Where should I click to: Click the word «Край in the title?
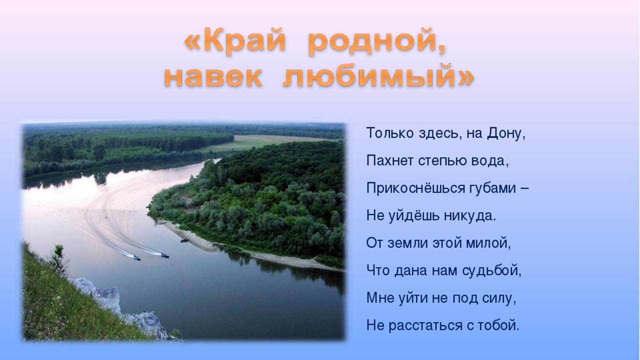coord(235,41)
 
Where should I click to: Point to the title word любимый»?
coord(379,75)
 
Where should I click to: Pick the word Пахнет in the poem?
coord(389,160)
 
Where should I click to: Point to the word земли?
coord(407,243)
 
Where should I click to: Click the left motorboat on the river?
coord(137,257)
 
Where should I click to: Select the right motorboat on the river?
coord(164,255)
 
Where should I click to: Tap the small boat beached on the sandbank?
coord(184,240)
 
